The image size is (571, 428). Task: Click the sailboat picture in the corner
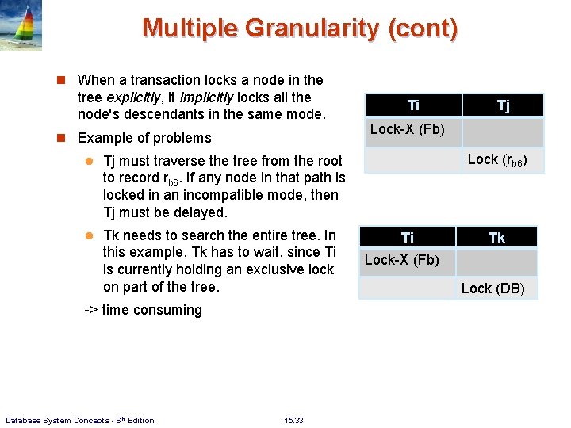[x=21, y=25]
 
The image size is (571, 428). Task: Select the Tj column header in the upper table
[x=503, y=105]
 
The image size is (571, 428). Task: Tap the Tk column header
[x=496, y=237]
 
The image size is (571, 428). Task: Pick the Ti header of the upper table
[x=413, y=105]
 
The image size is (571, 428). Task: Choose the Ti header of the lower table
[x=408, y=237]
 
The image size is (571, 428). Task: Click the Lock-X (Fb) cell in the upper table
[x=407, y=129]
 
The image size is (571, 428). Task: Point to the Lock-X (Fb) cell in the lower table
[x=401, y=260]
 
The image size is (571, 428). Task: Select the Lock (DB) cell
[x=492, y=288]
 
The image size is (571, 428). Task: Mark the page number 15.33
[x=293, y=420]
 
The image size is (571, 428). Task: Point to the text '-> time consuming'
[x=143, y=310]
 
